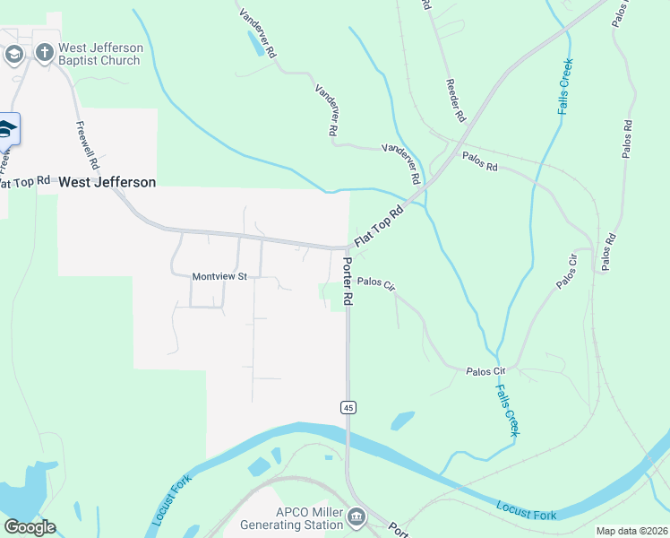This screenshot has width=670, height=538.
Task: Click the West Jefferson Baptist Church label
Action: tap(99, 54)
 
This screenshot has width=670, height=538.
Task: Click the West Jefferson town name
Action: tap(107, 182)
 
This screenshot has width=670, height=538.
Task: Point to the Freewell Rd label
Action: tap(87, 146)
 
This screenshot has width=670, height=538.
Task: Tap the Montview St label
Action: tap(219, 277)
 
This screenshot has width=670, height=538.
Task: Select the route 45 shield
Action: tap(348, 407)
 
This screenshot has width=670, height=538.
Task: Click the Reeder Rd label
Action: tap(455, 100)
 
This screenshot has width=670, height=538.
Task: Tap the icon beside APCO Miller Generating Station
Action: tap(356, 517)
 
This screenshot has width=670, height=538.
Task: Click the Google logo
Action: tap(30, 527)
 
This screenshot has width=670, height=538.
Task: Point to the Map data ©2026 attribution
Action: tap(631, 531)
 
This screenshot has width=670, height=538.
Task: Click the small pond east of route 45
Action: tap(403, 420)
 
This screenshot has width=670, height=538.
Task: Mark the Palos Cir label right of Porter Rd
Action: tap(376, 282)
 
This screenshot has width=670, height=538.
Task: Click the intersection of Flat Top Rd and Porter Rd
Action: tap(348, 248)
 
